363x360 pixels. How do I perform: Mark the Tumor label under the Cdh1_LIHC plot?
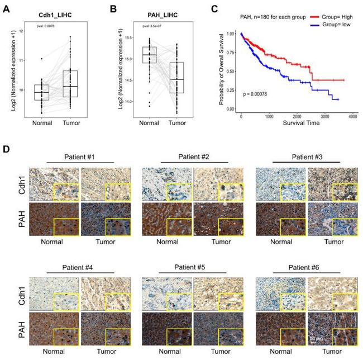(x=70, y=123)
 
